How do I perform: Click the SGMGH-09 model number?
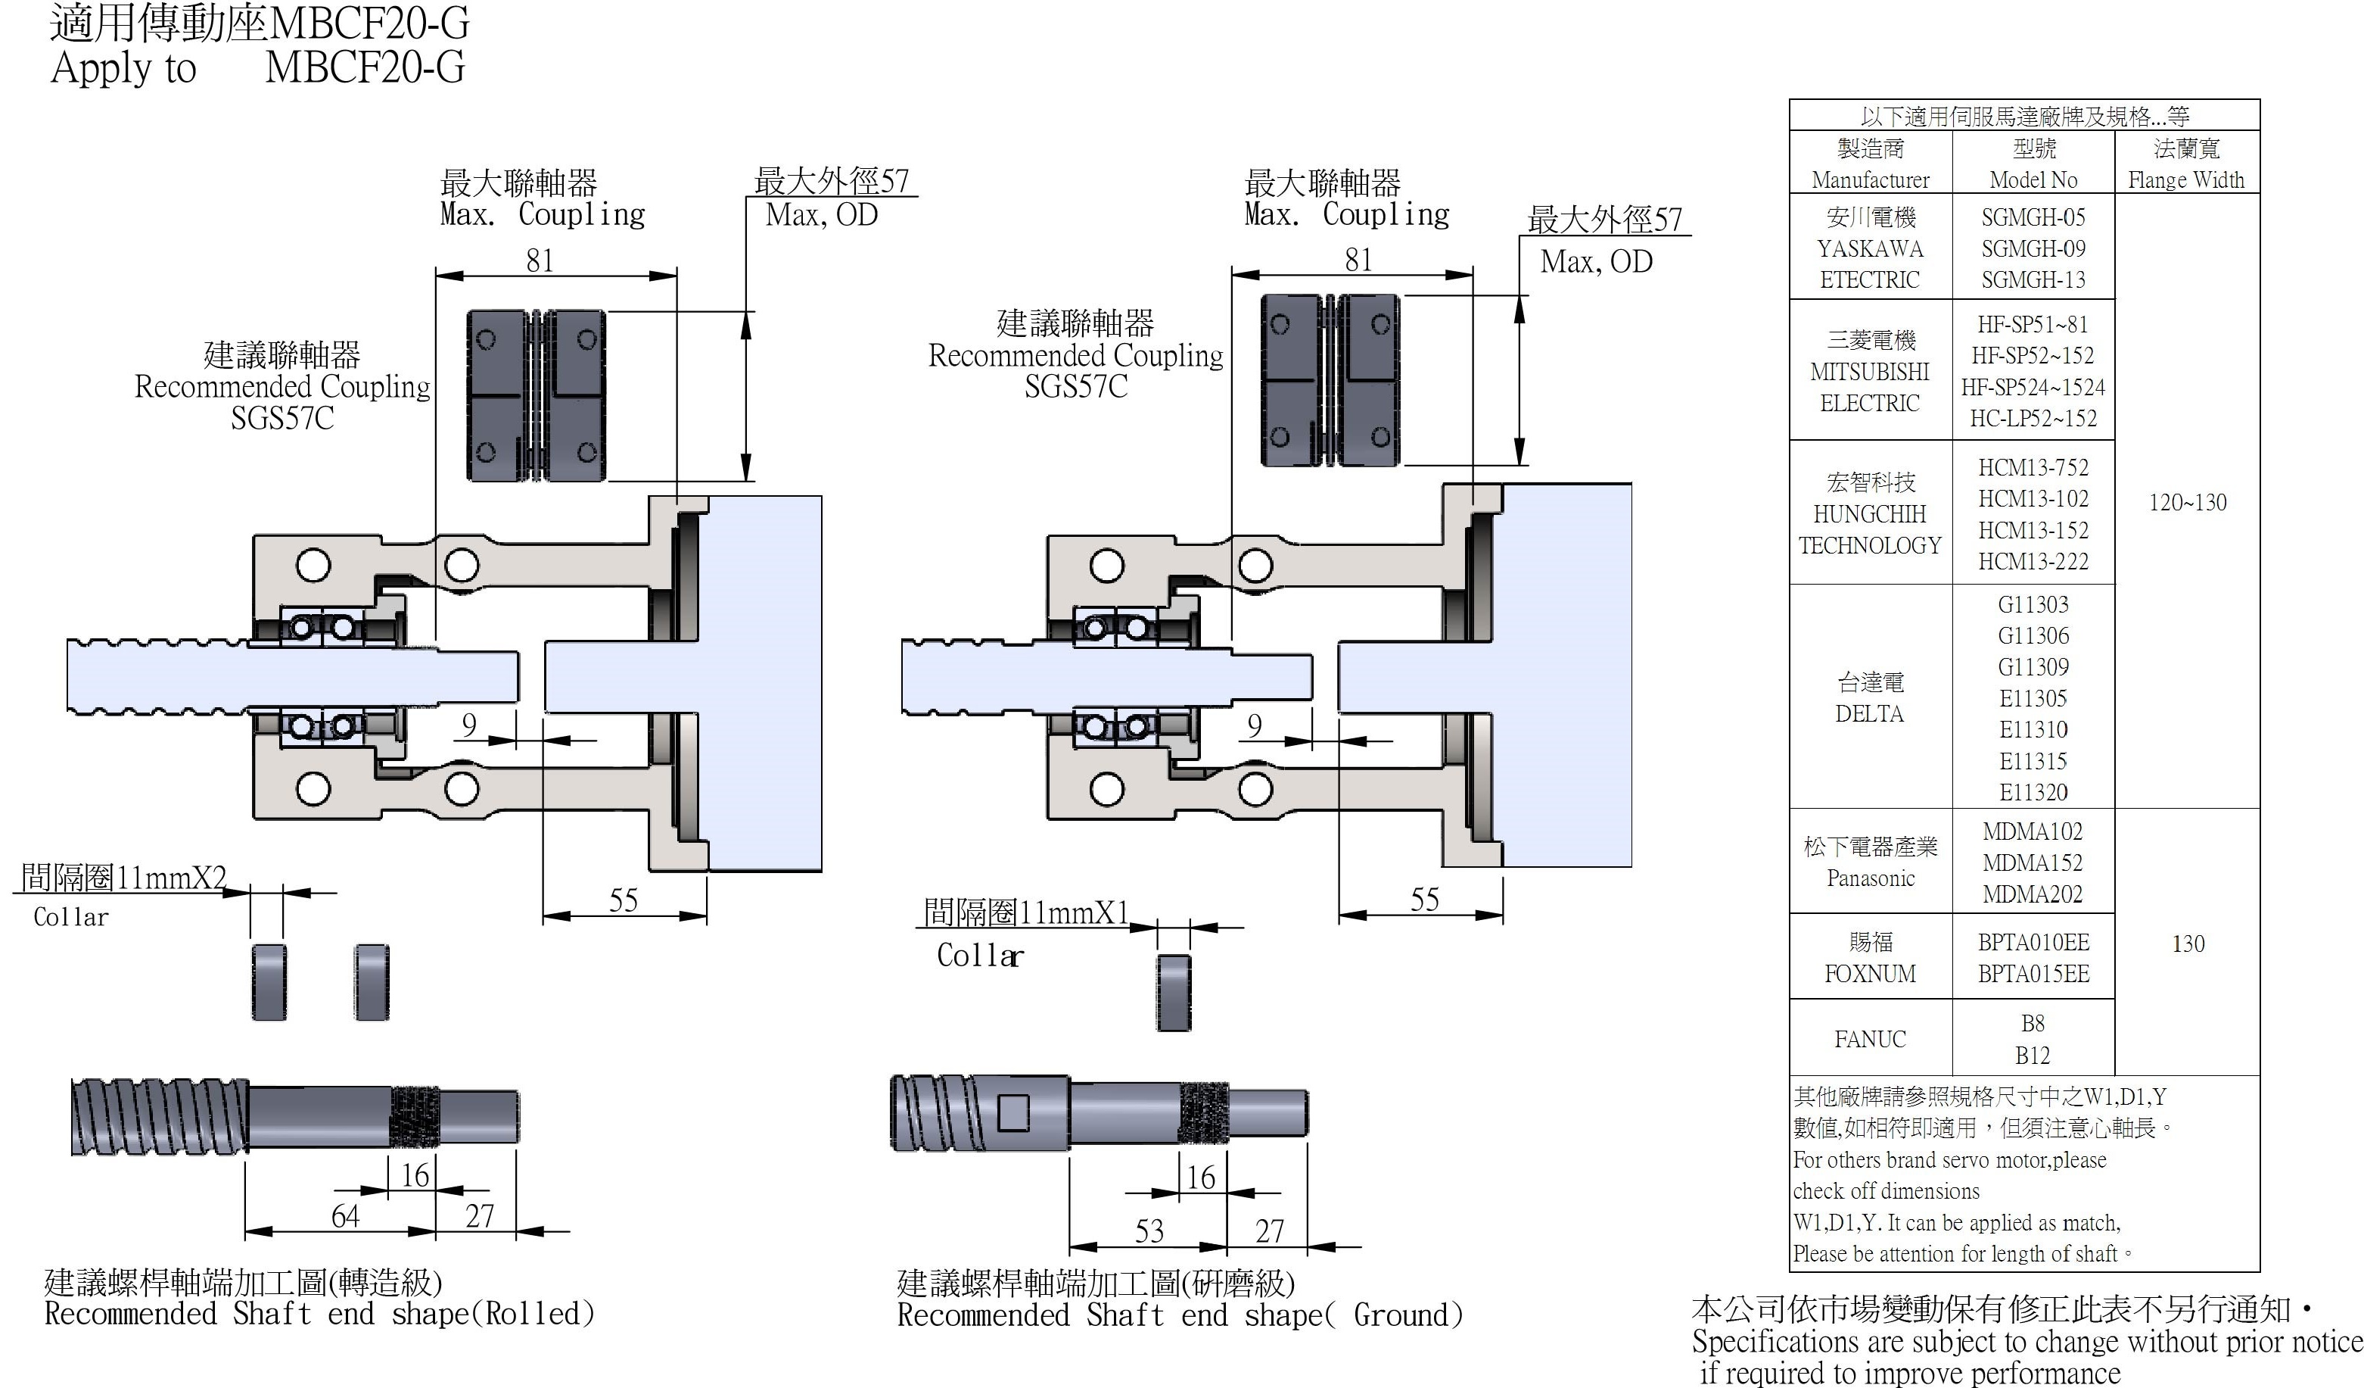(2033, 248)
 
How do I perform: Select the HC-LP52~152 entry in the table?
(2033, 419)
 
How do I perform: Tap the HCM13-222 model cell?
(2033, 561)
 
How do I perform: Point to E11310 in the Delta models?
(2033, 729)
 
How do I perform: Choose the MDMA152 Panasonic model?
(2032, 862)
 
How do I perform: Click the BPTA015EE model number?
(2033, 974)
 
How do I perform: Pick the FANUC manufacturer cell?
(1870, 1039)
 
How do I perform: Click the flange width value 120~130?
(2187, 502)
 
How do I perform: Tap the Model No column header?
(2033, 164)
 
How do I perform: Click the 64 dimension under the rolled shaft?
(345, 1216)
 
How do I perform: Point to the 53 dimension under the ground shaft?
(1149, 1231)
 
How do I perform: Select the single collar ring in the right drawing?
(1173, 993)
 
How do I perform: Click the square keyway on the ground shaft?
(1012, 1113)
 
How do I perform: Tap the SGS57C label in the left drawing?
(282, 418)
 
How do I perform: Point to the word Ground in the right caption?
(1401, 1315)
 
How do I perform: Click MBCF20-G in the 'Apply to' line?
(365, 67)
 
